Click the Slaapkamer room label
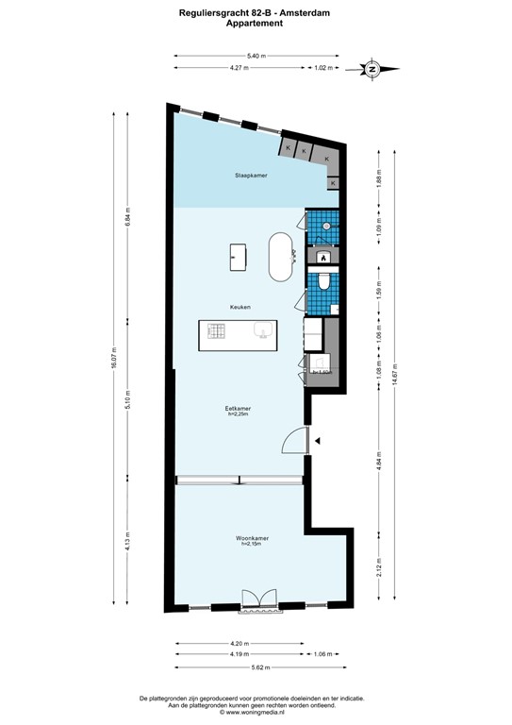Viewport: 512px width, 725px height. pyautogui.click(x=251, y=176)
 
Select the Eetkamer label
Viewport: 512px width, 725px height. pyautogui.click(x=239, y=408)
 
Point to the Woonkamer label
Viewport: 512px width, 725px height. pyautogui.click(x=250, y=539)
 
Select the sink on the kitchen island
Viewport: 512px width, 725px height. pyautogui.click(x=262, y=330)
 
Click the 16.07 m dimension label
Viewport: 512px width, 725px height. pyautogui.click(x=114, y=360)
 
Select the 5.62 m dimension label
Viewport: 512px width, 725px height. pyautogui.click(x=256, y=667)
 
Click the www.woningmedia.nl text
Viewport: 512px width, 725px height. pyautogui.click(x=256, y=713)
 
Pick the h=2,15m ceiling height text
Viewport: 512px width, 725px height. pyautogui.click(x=250, y=545)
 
